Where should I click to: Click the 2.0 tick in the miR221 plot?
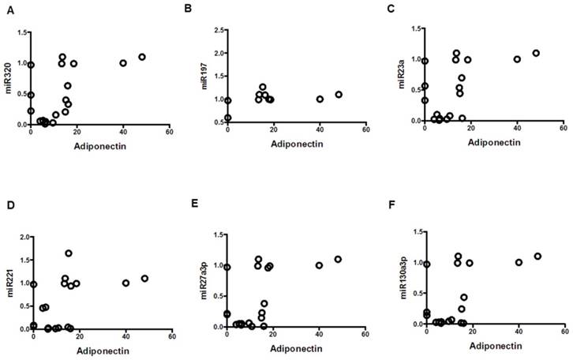(23, 237)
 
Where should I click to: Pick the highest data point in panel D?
(69, 253)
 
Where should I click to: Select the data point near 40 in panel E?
(319, 265)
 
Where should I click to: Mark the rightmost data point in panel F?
(537, 257)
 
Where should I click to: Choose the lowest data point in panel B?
(228, 118)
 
